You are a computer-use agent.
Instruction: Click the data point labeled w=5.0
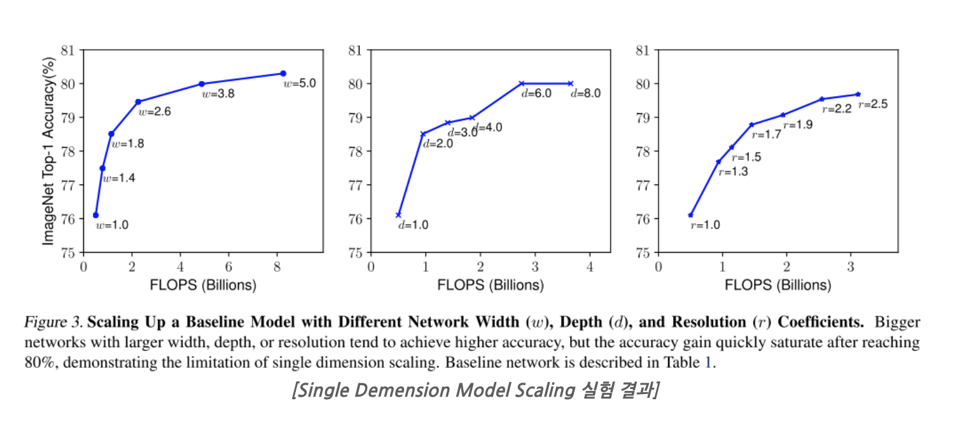click(x=283, y=73)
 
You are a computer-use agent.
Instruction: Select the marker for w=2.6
click(x=138, y=101)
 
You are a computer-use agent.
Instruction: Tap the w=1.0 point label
click(x=112, y=225)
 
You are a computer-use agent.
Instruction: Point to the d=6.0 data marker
click(x=522, y=83)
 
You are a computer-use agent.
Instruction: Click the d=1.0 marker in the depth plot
click(x=398, y=215)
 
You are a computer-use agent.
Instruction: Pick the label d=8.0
click(x=585, y=94)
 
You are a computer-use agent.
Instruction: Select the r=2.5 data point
click(x=858, y=94)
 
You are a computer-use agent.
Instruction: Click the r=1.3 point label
click(x=734, y=172)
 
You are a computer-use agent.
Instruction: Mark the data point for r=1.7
click(x=751, y=125)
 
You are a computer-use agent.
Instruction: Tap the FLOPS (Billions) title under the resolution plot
click(x=778, y=285)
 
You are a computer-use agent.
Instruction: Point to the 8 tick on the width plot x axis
click(x=277, y=265)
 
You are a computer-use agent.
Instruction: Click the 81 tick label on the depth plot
click(x=356, y=50)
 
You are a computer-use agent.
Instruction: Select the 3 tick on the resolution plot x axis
click(x=851, y=265)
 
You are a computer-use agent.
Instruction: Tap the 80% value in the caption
click(x=38, y=364)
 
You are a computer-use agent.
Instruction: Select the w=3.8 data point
click(x=202, y=84)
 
